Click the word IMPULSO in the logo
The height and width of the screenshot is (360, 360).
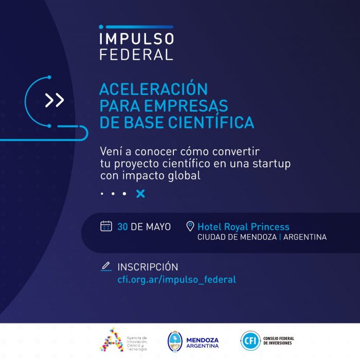click(x=137, y=39)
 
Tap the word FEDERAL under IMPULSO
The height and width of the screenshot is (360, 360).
click(x=136, y=55)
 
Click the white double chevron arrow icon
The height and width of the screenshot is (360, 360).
click(x=55, y=100)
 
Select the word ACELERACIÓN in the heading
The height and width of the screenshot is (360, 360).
click(x=153, y=89)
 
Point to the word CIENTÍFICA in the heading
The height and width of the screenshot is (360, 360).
click(x=211, y=122)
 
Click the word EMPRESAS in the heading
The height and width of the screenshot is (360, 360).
click(x=186, y=105)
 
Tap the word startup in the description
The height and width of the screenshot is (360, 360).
click(x=272, y=164)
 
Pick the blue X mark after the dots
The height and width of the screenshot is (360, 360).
click(x=140, y=193)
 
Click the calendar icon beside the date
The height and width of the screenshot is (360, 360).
click(x=106, y=226)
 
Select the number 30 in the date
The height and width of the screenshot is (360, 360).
click(x=122, y=227)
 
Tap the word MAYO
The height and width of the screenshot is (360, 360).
click(x=158, y=227)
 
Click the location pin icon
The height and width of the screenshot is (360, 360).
click(x=190, y=226)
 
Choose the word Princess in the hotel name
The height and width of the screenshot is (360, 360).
click(x=270, y=227)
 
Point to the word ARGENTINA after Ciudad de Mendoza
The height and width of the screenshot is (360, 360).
click(x=305, y=237)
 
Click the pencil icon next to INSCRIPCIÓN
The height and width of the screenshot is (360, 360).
click(x=106, y=266)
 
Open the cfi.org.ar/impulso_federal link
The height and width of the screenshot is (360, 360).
click(x=177, y=280)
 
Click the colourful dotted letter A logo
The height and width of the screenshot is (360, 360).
click(x=112, y=340)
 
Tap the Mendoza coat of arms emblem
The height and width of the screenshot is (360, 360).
click(x=175, y=341)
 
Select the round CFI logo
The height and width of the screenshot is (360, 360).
click(x=250, y=340)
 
